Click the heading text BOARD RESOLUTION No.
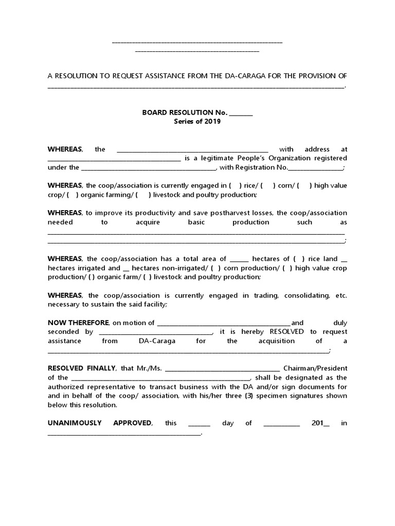pos(185,112)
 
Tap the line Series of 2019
pos(197,122)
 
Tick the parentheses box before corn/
pos(268,186)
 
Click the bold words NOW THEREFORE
pos(78,323)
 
